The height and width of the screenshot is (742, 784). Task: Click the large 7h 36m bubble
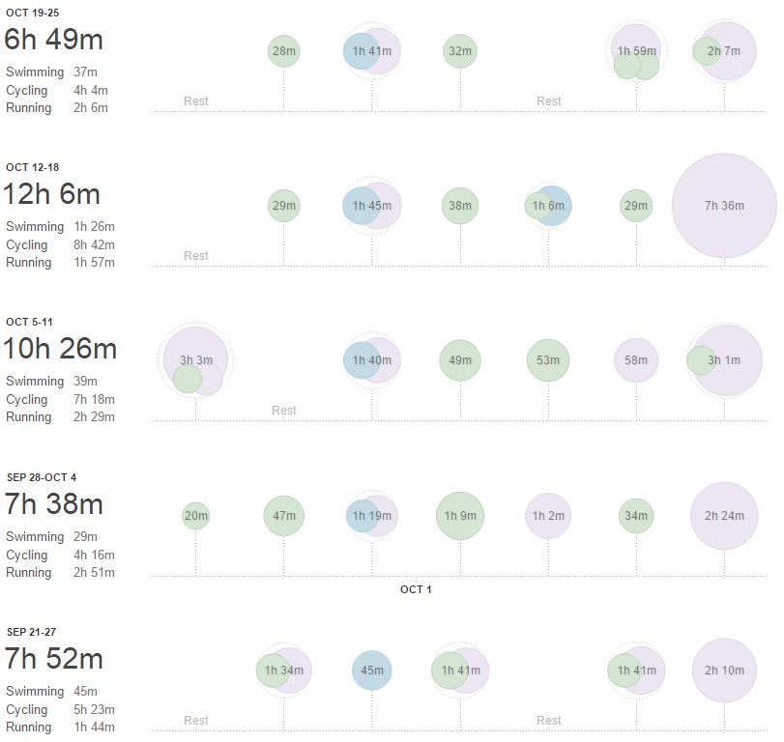724,206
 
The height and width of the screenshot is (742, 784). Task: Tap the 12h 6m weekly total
52,194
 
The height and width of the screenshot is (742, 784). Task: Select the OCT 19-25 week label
32,12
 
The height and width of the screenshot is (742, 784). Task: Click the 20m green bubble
195,516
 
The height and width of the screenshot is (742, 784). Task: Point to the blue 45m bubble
371,671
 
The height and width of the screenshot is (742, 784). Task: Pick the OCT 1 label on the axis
416,589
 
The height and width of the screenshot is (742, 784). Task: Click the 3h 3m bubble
196,360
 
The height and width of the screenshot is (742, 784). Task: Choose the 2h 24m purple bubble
724,516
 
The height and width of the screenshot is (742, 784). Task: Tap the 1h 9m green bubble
460,516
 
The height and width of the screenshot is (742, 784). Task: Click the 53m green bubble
548,360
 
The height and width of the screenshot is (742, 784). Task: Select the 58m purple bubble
636,360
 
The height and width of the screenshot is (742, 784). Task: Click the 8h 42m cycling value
94,245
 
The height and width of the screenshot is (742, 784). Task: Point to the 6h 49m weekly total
54,40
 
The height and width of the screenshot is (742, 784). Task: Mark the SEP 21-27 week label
32,631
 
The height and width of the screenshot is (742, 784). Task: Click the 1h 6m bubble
549,206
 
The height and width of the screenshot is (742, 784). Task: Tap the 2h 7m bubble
724,51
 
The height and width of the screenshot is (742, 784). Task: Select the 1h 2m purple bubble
548,516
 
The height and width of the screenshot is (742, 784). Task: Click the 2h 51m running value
94,572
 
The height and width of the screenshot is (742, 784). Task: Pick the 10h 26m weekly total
61,349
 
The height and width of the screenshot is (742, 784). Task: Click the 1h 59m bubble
636,51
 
